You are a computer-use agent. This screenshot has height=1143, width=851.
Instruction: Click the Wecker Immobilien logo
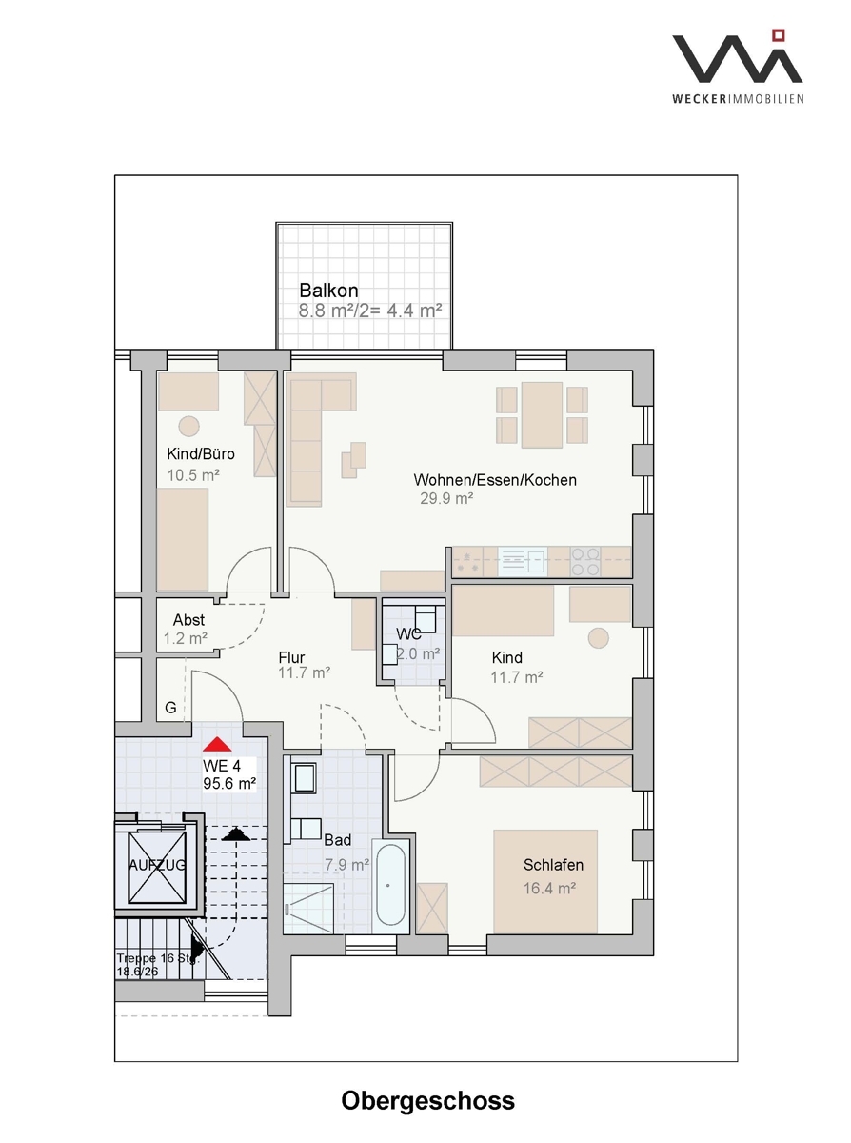coord(738,67)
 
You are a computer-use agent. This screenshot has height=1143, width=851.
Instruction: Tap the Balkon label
coord(328,291)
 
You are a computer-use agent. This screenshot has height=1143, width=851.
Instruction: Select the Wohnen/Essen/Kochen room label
coord(495,480)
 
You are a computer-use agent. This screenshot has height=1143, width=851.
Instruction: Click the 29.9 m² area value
coord(446,498)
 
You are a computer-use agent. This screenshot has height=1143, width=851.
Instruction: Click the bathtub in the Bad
coord(390,885)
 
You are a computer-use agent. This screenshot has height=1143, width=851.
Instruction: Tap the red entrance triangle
coord(217,744)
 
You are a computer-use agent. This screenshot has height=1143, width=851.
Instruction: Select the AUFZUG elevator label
coord(157,864)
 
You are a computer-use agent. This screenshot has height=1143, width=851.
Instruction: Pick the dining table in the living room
coord(542,415)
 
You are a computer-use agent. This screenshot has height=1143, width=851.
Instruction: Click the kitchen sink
coord(523,562)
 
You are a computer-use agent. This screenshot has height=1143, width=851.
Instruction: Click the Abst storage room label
coord(188,619)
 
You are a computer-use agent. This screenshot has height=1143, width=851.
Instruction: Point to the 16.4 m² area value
coord(549,889)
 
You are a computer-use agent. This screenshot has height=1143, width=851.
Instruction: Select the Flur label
coord(291,657)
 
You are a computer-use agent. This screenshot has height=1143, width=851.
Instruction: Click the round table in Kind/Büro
coord(189,426)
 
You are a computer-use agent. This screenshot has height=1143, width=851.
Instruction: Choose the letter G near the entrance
coord(170,708)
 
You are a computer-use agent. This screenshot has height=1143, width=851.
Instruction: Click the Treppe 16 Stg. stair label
coord(158,958)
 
